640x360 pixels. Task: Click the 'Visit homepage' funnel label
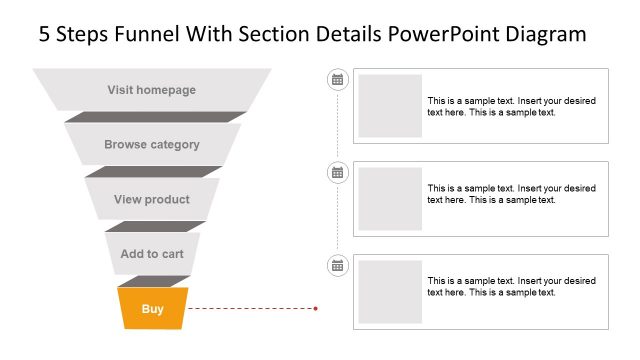click(x=152, y=90)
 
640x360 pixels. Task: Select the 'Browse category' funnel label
click(x=152, y=145)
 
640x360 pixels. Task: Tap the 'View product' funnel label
click(x=152, y=200)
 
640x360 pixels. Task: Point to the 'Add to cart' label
click(x=152, y=254)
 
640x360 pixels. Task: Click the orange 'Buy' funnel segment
click(x=152, y=309)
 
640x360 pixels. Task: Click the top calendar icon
click(x=338, y=79)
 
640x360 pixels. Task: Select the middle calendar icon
click(x=338, y=172)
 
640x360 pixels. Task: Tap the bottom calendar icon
click(x=338, y=265)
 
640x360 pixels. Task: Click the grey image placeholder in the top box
click(x=390, y=106)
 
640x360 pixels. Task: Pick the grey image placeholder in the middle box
click(x=390, y=199)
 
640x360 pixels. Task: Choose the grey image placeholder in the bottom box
click(x=390, y=292)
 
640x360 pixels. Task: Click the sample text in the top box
click(x=511, y=107)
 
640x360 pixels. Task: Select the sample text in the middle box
click(x=511, y=194)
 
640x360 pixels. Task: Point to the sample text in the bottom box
click(x=511, y=287)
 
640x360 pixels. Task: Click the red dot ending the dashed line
click(x=316, y=309)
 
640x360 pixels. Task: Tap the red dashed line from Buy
click(x=250, y=309)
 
